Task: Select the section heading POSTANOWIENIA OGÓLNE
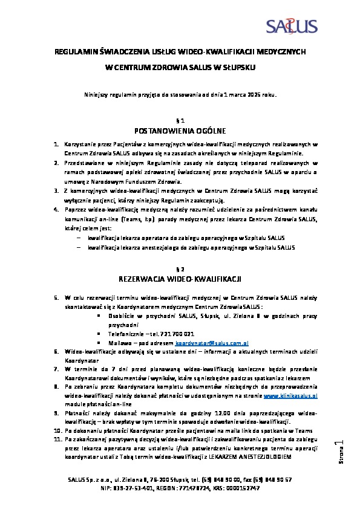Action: [180, 131]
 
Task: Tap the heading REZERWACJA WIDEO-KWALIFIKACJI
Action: [180, 279]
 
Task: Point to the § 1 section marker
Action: [180, 120]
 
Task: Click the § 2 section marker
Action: [180, 268]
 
